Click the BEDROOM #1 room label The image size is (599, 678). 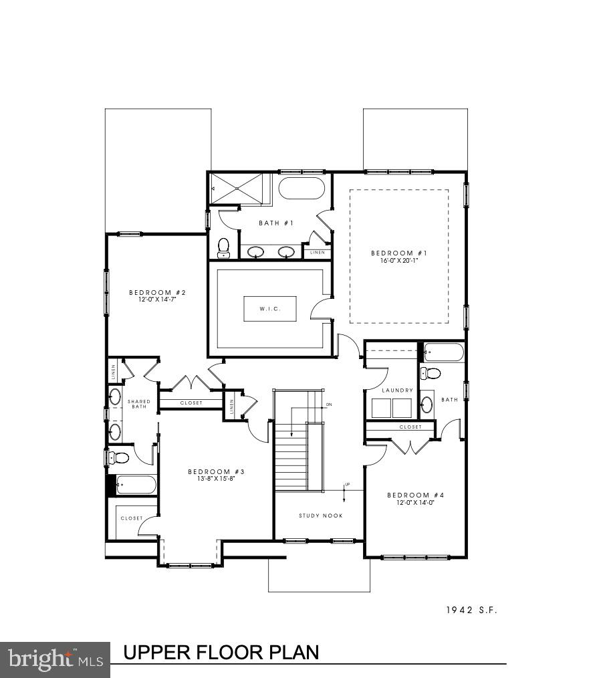pos(398,253)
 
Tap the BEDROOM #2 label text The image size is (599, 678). pos(157,293)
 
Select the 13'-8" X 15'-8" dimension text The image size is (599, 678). pos(215,479)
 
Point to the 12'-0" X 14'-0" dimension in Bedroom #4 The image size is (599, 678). pos(415,502)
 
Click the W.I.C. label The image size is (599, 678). pos(269,308)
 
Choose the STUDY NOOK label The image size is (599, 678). pos(320,516)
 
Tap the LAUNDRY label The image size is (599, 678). pos(398,390)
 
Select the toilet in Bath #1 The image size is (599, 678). pos(224,247)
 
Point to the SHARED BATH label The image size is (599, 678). pos(139,404)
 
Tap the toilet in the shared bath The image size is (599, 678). pos(118,457)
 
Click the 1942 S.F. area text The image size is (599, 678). pos(472,610)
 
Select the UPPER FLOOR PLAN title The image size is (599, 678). pos(221,652)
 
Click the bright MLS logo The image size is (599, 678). pos(55,660)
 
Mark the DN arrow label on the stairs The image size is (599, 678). pos(329,405)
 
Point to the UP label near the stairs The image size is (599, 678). pos(347,485)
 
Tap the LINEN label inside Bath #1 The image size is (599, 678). pos(317,253)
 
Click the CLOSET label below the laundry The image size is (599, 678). pos(410,427)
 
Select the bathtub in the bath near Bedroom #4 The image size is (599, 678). pos(443,352)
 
